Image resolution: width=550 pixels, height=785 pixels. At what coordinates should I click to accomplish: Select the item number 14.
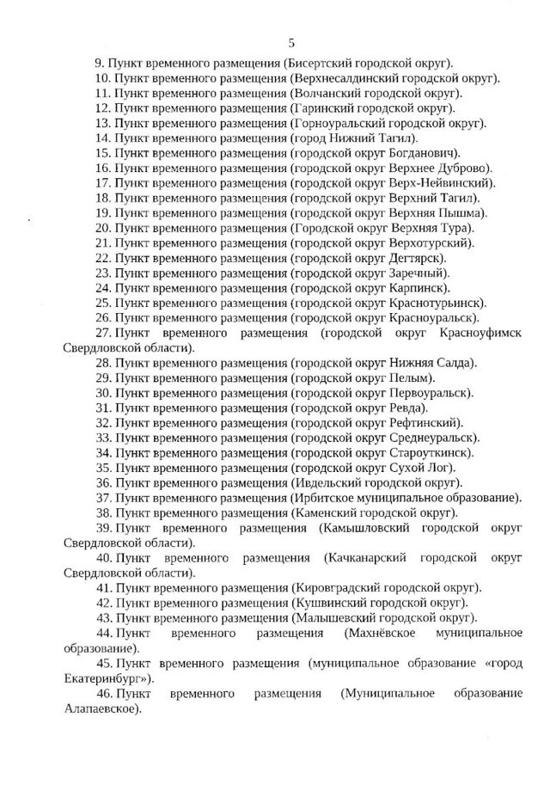(x=103, y=138)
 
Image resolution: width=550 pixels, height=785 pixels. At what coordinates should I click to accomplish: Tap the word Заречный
(x=419, y=273)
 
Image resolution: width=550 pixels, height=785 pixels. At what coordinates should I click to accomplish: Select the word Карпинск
(x=418, y=287)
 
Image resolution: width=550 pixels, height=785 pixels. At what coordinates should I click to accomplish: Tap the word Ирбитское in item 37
(x=320, y=497)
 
